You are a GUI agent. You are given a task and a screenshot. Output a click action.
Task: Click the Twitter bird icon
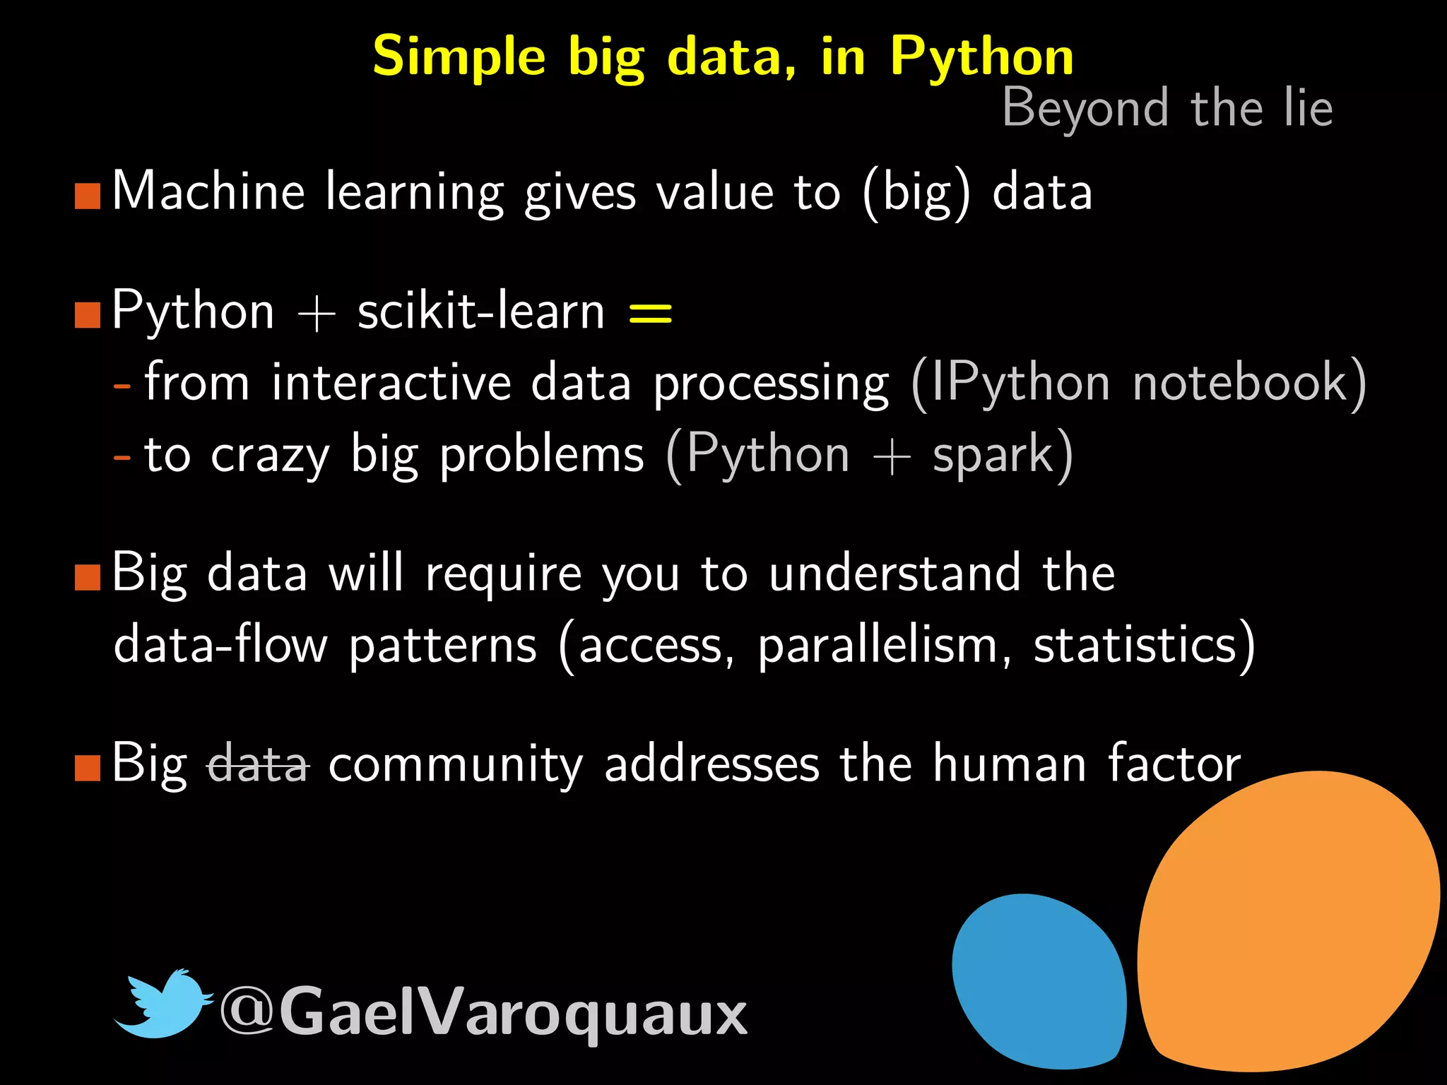coord(163,1004)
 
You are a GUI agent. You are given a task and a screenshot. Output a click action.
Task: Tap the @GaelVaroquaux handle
coord(483,1012)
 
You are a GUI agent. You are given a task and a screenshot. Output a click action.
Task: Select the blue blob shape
coord(1039,982)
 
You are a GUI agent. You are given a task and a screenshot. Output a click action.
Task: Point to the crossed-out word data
coord(259,764)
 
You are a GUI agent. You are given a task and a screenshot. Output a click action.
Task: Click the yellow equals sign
coord(650,312)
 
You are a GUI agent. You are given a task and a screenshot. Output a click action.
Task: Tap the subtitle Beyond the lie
coord(1167,108)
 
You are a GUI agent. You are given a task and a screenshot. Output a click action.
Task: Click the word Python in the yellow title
coord(982,57)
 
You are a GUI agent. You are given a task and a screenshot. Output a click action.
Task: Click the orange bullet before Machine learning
coord(88,196)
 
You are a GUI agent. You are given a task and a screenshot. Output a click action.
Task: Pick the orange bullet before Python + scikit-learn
coord(88,315)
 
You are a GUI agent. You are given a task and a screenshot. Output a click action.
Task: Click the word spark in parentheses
coord(993,455)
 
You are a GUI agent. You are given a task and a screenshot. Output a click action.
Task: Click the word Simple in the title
coord(459,57)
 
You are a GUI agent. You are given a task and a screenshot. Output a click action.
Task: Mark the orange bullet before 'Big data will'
coord(88,577)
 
